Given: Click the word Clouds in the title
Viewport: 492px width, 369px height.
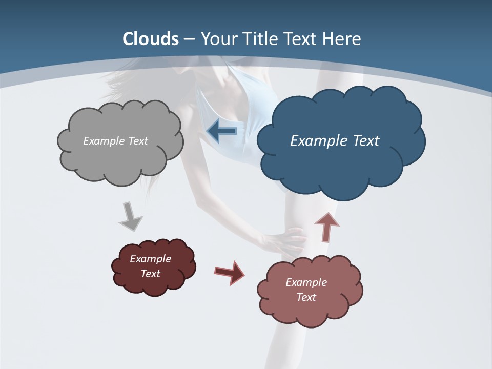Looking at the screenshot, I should click(x=151, y=39).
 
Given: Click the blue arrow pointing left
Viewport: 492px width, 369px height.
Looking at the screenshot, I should click(x=221, y=131).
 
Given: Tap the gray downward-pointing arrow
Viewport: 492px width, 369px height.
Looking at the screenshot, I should click(x=130, y=216).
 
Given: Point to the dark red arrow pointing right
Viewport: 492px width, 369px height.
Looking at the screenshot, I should click(x=230, y=272).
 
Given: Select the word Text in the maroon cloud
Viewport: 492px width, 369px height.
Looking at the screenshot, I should click(x=151, y=274).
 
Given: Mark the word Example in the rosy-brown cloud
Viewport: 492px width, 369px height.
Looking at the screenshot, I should click(x=306, y=282).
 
